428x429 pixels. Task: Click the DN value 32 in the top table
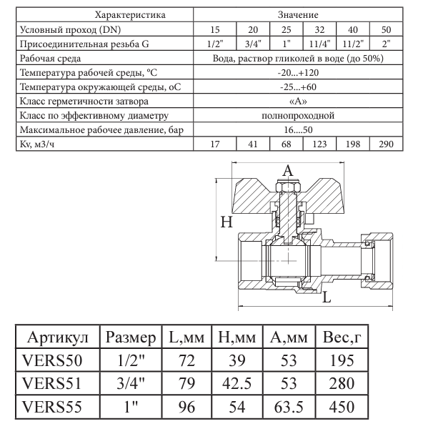[319, 30]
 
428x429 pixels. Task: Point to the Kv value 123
[319, 144]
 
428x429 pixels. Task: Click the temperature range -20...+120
[299, 73]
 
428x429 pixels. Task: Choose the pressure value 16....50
[299, 129]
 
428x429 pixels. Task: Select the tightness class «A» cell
[299, 102]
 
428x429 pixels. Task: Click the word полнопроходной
[299, 115]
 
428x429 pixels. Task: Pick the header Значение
[299, 15]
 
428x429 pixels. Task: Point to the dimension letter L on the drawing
[327, 297]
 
